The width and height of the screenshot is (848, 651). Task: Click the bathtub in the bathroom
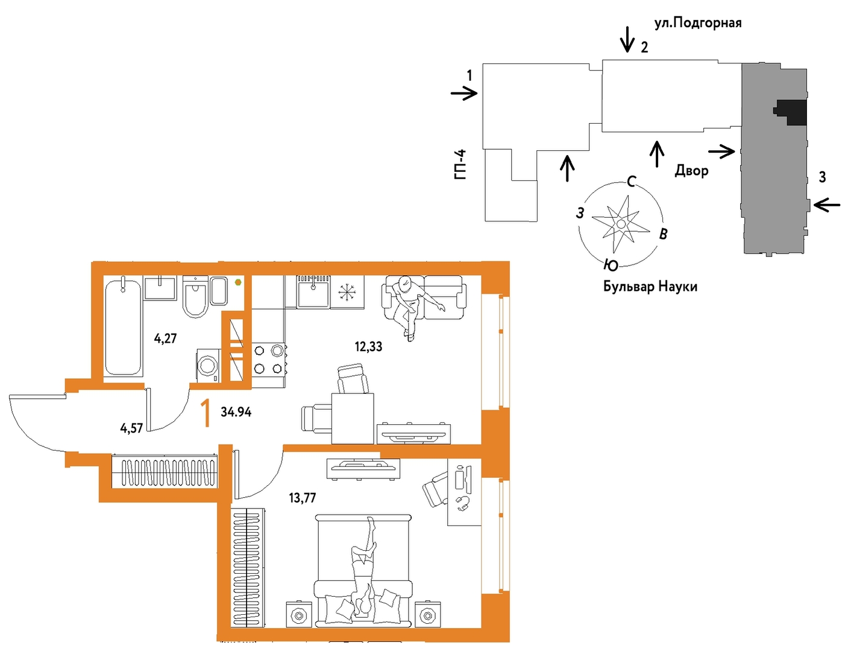pyautogui.click(x=122, y=326)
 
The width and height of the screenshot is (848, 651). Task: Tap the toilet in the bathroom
pyautogui.click(x=195, y=296)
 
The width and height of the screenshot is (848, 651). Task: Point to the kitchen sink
pyautogui.click(x=313, y=291)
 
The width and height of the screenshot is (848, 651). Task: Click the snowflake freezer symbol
pyautogui.click(x=347, y=292)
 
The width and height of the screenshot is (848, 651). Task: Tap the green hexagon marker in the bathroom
pyautogui.click(x=238, y=282)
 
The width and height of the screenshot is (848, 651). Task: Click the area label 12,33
pyautogui.click(x=368, y=346)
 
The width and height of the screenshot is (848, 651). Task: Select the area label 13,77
pyautogui.click(x=303, y=498)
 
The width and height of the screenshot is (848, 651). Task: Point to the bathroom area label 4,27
pyautogui.click(x=166, y=338)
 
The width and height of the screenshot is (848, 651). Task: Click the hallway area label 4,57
pyautogui.click(x=131, y=428)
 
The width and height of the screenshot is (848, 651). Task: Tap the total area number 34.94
pyautogui.click(x=236, y=411)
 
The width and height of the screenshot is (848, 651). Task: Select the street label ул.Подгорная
pyautogui.click(x=698, y=24)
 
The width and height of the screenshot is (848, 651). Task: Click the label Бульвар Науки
pyautogui.click(x=650, y=287)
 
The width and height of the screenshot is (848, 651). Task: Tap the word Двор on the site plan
pyautogui.click(x=692, y=170)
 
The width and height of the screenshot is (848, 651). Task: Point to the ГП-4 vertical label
pyautogui.click(x=461, y=165)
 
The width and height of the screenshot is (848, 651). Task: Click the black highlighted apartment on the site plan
pyautogui.click(x=791, y=112)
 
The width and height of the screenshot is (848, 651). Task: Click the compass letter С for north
pyautogui.click(x=632, y=181)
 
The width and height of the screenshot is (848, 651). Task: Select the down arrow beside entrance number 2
pyautogui.click(x=627, y=39)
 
